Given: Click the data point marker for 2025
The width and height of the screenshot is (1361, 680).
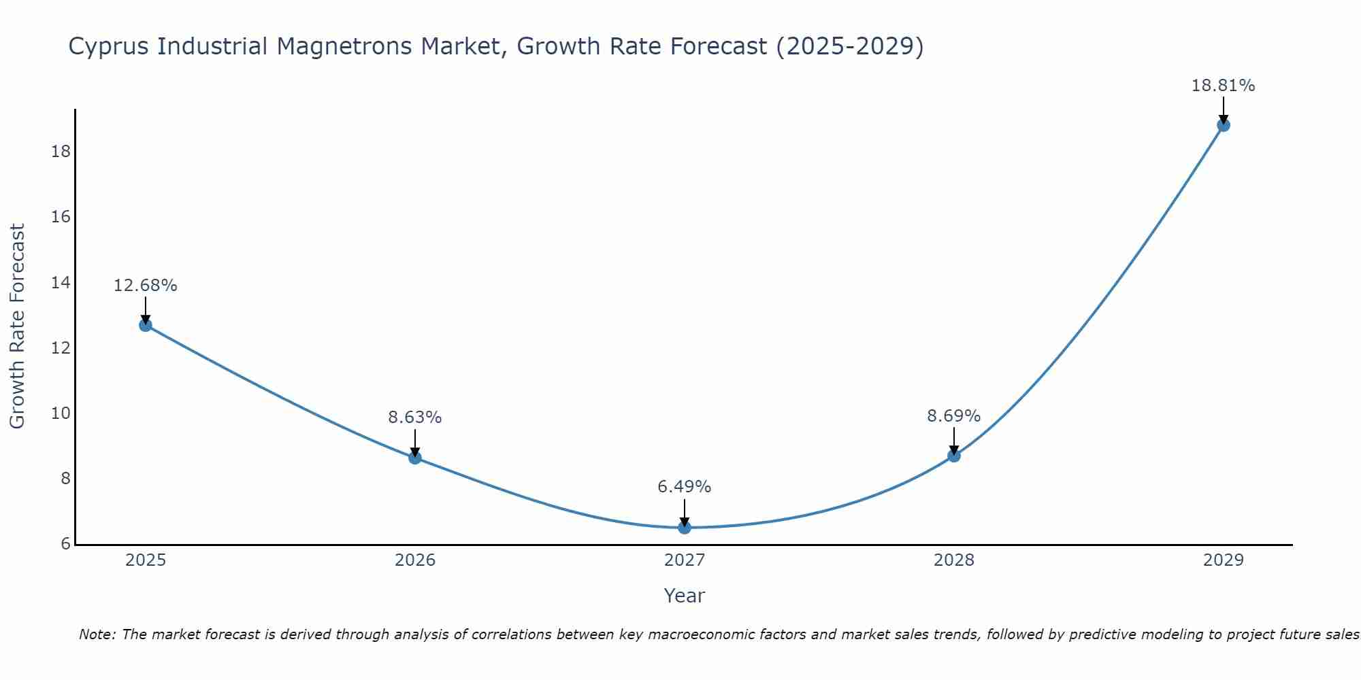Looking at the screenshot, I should point(146,325).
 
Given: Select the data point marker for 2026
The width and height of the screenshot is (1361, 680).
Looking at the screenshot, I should point(415,458).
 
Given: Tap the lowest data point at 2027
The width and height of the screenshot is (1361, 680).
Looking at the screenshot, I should point(685,528).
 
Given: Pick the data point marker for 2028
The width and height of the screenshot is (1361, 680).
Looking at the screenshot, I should point(954,456).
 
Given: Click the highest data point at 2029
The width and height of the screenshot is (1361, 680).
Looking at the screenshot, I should point(1224,125).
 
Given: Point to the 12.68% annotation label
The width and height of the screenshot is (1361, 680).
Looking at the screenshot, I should point(146,286).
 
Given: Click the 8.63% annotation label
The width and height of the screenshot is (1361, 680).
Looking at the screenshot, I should point(415,418).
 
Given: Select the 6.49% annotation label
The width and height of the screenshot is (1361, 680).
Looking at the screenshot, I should point(685,487).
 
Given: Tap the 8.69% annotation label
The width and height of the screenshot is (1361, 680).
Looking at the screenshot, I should point(954,415).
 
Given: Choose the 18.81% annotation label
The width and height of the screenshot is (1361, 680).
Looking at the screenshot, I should point(1224,86).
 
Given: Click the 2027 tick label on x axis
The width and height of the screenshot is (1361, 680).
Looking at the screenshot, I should point(685,560).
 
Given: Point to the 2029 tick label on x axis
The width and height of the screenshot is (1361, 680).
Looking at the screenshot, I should point(1224,560).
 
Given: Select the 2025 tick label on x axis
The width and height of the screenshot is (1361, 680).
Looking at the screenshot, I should point(146,560).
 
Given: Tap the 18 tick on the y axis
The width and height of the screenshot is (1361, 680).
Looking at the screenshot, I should point(61,151).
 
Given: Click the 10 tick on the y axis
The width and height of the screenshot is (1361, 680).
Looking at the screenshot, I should point(61,413).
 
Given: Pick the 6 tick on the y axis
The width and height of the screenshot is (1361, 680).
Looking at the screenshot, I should point(65,544).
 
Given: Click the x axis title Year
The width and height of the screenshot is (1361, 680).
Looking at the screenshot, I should point(685,596).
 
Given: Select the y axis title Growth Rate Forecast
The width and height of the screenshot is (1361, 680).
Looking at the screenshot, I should point(18,326).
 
